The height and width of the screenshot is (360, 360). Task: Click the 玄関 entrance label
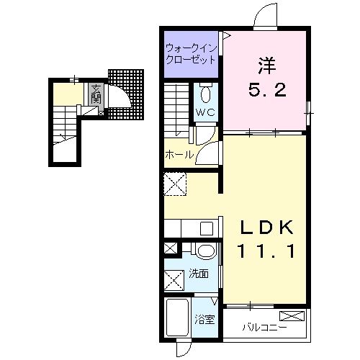click(96, 94)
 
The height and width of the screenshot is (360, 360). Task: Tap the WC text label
click(205, 112)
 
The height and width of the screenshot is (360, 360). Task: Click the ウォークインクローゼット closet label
click(191, 54)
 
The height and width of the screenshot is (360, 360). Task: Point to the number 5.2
click(267, 90)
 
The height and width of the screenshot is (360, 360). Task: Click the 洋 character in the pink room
click(267, 66)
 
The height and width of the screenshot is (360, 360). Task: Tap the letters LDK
click(267, 228)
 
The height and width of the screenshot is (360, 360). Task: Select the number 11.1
click(266, 251)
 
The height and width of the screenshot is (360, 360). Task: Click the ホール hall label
click(179, 155)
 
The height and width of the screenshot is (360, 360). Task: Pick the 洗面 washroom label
click(199, 274)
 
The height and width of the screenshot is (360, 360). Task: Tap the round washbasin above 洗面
click(206, 251)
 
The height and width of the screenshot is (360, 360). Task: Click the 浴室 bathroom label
click(204, 320)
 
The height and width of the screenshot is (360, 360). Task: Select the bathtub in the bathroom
click(177, 318)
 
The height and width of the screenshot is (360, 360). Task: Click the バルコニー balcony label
click(264, 327)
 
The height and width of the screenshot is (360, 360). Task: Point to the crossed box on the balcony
click(292, 316)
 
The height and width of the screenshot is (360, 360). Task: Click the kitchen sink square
click(207, 228)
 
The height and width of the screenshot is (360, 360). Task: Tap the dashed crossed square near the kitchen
click(175, 184)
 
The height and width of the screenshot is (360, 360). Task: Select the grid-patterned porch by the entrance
click(126, 94)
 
